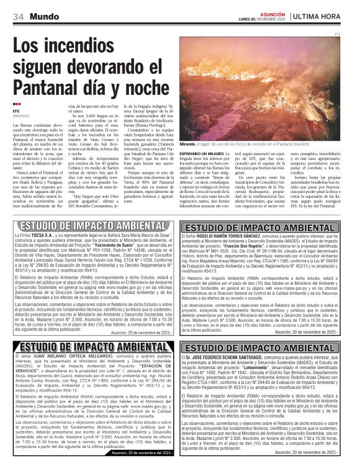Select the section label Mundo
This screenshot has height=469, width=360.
click(43, 16)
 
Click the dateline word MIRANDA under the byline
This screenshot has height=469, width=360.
click(20, 115)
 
